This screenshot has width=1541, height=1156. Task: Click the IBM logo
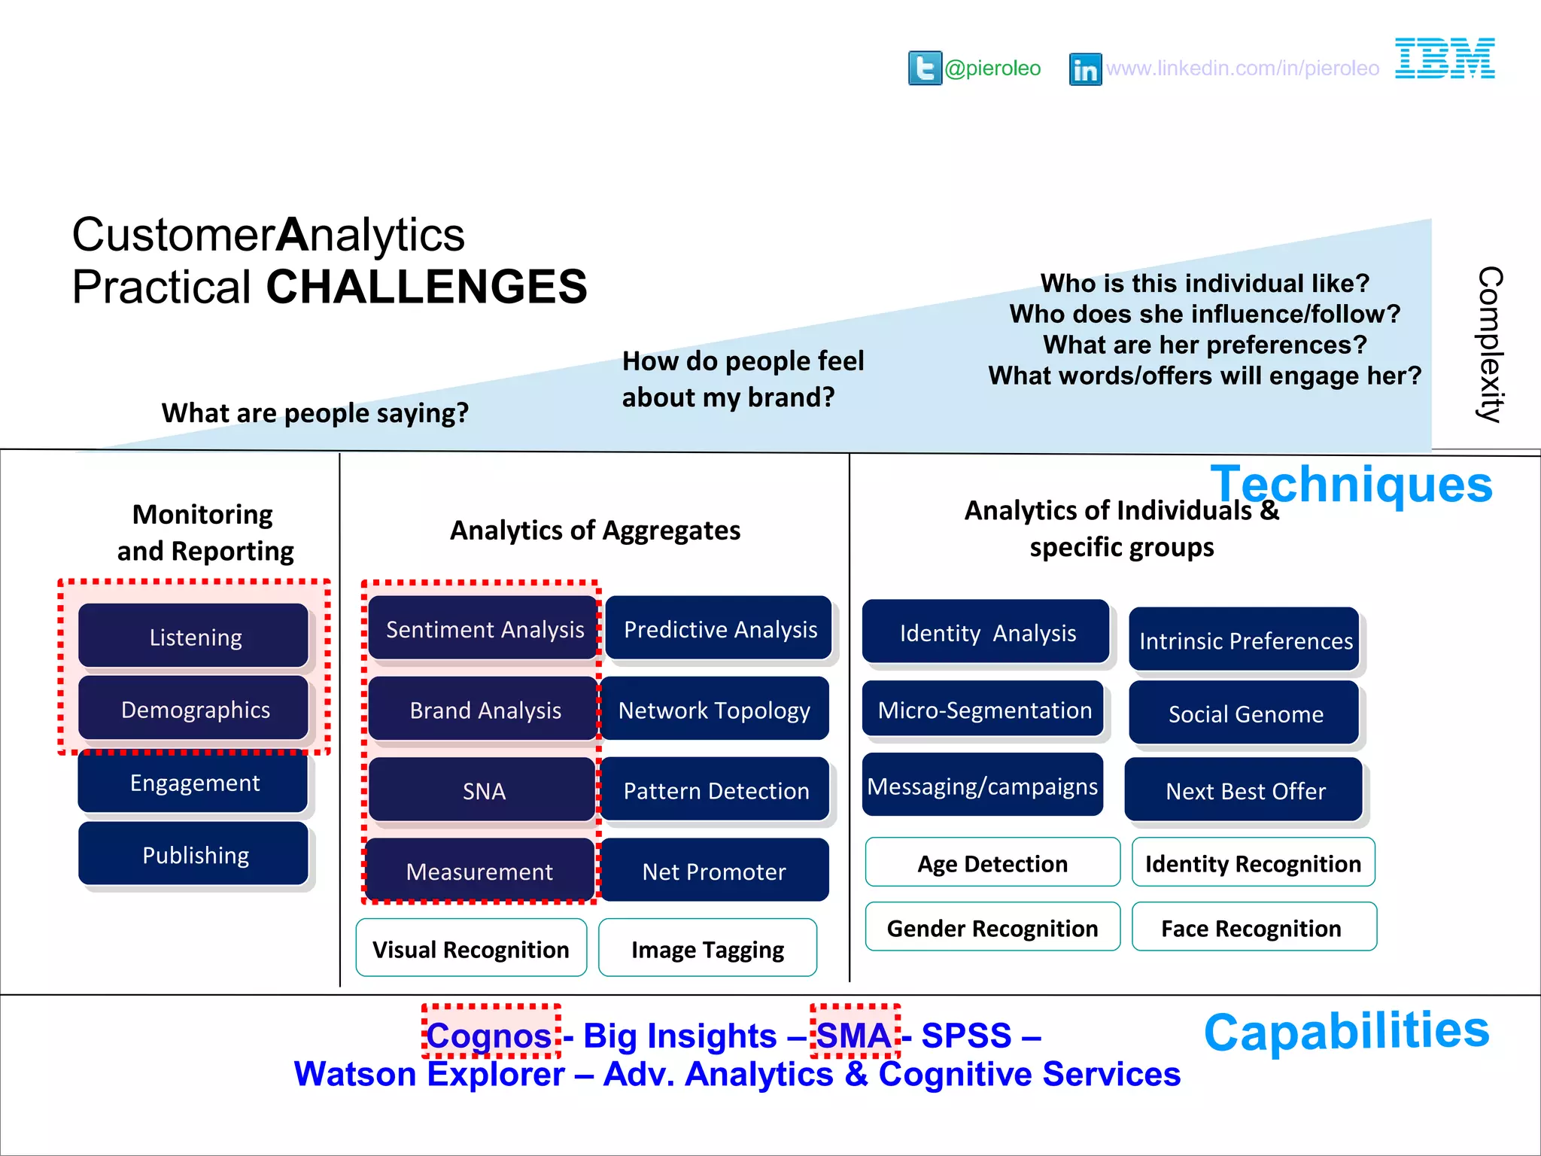[x=1445, y=58]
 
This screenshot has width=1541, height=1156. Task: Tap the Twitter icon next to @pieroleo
[x=925, y=68]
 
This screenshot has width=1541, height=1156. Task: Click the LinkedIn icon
[x=1085, y=69]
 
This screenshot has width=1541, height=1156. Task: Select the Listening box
[x=194, y=636]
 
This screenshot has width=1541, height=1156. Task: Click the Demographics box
[x=194, y=708]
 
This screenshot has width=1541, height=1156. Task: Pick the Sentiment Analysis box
[x=484, y=628]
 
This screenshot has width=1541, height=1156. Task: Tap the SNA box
[x=483, y=789]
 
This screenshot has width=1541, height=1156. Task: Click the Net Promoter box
[x=714, y=870]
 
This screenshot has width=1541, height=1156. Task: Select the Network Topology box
[x=714, y=709]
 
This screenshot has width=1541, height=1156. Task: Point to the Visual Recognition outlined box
[x=471, y=948]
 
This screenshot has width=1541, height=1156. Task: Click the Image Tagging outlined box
[x=707, y=948]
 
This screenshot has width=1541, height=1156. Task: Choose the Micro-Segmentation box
[x=983, y=709]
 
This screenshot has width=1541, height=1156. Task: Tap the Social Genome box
[x=1245, y=713]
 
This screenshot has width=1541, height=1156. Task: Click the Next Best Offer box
[x=1245, y=790]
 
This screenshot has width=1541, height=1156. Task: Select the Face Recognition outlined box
[x=1254, y=927]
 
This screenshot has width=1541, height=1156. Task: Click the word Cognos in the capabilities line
[x=490, y=1035]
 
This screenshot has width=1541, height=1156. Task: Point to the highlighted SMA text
[x=854, y=1035]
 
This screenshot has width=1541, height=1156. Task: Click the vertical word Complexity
[x=1489, y=344]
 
